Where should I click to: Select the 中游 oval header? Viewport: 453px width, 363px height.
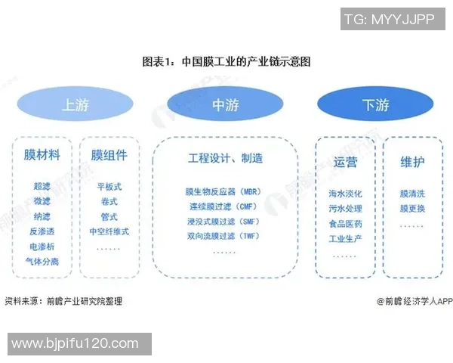pos(224,105)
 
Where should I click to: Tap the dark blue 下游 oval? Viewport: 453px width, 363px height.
pos(375,105)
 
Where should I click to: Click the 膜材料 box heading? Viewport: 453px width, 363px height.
pos(42,155)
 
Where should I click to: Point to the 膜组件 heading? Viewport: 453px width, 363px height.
pos(109,155)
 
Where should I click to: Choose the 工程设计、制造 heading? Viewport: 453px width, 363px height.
pos(225,159)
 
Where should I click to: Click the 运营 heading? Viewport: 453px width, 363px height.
pos(345,161)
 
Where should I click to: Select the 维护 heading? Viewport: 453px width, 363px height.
pos(412,161)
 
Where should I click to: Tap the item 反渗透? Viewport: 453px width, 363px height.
pos(42,231)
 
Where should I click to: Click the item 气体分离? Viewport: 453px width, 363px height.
pos(42,262)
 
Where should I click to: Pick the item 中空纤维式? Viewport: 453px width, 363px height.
pos(109,231)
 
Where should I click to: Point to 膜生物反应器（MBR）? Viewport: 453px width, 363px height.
pos(223,191)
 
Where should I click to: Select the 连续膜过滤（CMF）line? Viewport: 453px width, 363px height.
pos(223,206)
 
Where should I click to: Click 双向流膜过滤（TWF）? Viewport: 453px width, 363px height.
pos(223,237)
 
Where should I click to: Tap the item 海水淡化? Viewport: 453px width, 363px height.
pos(345,194)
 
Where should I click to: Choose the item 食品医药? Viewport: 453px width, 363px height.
pos(345,224)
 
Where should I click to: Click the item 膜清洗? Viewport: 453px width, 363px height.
pos(412,194)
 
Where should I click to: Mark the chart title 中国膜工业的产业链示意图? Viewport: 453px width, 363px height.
pos(226,61)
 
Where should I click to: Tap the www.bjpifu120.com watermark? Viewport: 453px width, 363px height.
pos(75,344)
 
